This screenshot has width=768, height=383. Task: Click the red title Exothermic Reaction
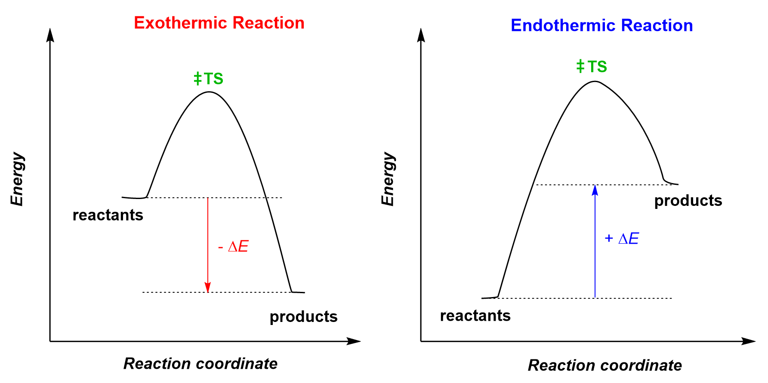(219, 23)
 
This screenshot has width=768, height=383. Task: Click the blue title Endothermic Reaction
(601, 25)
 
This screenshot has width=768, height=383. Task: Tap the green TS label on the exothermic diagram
(209, 79)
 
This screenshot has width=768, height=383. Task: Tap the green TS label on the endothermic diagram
(592, 67)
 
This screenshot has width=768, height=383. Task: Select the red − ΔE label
(234, 247)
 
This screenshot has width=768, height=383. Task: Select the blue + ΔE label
(622, 239)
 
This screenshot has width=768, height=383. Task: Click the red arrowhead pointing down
(208, 287)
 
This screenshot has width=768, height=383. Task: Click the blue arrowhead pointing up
(595, 190)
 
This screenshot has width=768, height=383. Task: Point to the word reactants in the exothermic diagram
(108, 215)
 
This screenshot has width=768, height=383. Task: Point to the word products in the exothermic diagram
(303, 317)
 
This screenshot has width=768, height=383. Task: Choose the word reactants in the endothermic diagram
(475, 316)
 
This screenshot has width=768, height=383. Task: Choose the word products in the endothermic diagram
(688, 201)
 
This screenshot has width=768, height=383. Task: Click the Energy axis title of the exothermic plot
(18, 179)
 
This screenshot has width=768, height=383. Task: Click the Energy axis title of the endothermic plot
(388, 179)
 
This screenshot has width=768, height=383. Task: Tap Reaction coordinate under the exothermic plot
(200, 364)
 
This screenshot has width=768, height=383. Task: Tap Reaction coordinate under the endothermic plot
(605, 365)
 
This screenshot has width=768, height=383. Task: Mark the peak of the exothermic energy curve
(209, 92)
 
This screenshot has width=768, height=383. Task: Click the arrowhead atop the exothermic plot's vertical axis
(50, 34)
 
